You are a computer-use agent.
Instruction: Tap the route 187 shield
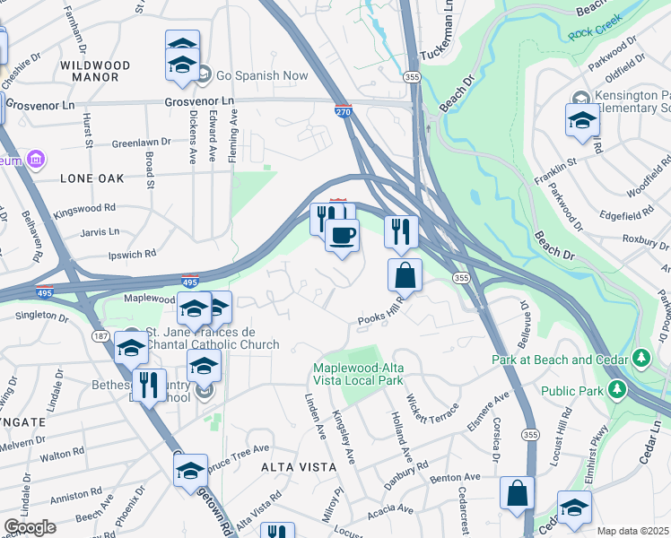click(x=95, y=335)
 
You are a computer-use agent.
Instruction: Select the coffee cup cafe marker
click(x=341, y=237)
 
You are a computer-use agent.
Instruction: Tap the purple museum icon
click(x=37, y=160)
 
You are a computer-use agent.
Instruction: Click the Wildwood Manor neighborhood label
click(x=95, y=72)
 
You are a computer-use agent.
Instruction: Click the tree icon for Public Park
click(x=616, y=390)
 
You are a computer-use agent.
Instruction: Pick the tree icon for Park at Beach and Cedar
click(x=640, y=360)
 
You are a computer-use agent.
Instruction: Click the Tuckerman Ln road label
click(x=445, y=29)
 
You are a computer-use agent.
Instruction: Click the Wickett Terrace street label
click(x=434, y=411)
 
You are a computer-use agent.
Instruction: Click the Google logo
click(x=29, y=527)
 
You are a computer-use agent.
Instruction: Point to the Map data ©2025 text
click(x=632, y=531)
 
